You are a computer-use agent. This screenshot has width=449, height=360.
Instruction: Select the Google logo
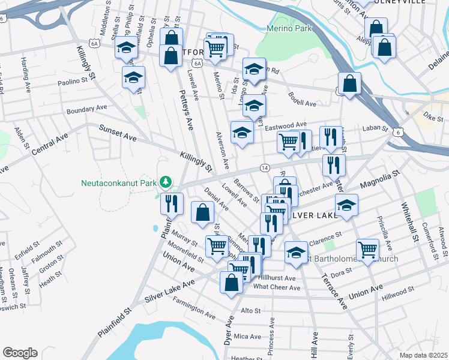(x=20, y=352)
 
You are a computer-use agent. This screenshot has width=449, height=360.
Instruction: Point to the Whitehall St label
(x=409, y=223)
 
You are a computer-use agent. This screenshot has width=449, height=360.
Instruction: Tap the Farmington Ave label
(x=193, y=313)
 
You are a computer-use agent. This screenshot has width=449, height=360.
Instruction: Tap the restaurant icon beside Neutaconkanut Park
(x=172, y=203)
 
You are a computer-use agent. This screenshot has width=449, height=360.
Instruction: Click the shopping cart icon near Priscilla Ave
(x=367, y=248)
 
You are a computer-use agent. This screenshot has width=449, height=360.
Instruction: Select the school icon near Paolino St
(x=133, y=77)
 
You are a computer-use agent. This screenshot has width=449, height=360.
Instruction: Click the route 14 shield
(x=264, y=167)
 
